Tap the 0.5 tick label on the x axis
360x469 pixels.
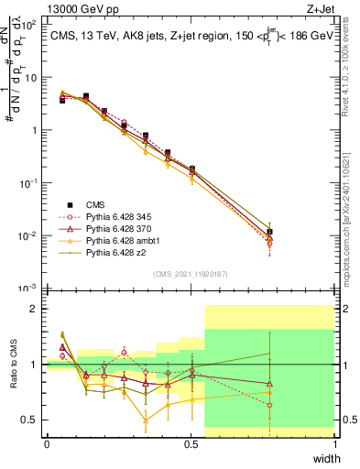pyautogui.click(x=191, y=444)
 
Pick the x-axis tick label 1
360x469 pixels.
pyautogui.click(x=335, y=444)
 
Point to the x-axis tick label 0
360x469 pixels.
pyautogui.click(x=47, y=444)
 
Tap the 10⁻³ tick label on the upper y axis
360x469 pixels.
pyautogui.click(x=27, y=289)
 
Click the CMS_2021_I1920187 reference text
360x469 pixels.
pyautogui.click(x=191, y=273)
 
